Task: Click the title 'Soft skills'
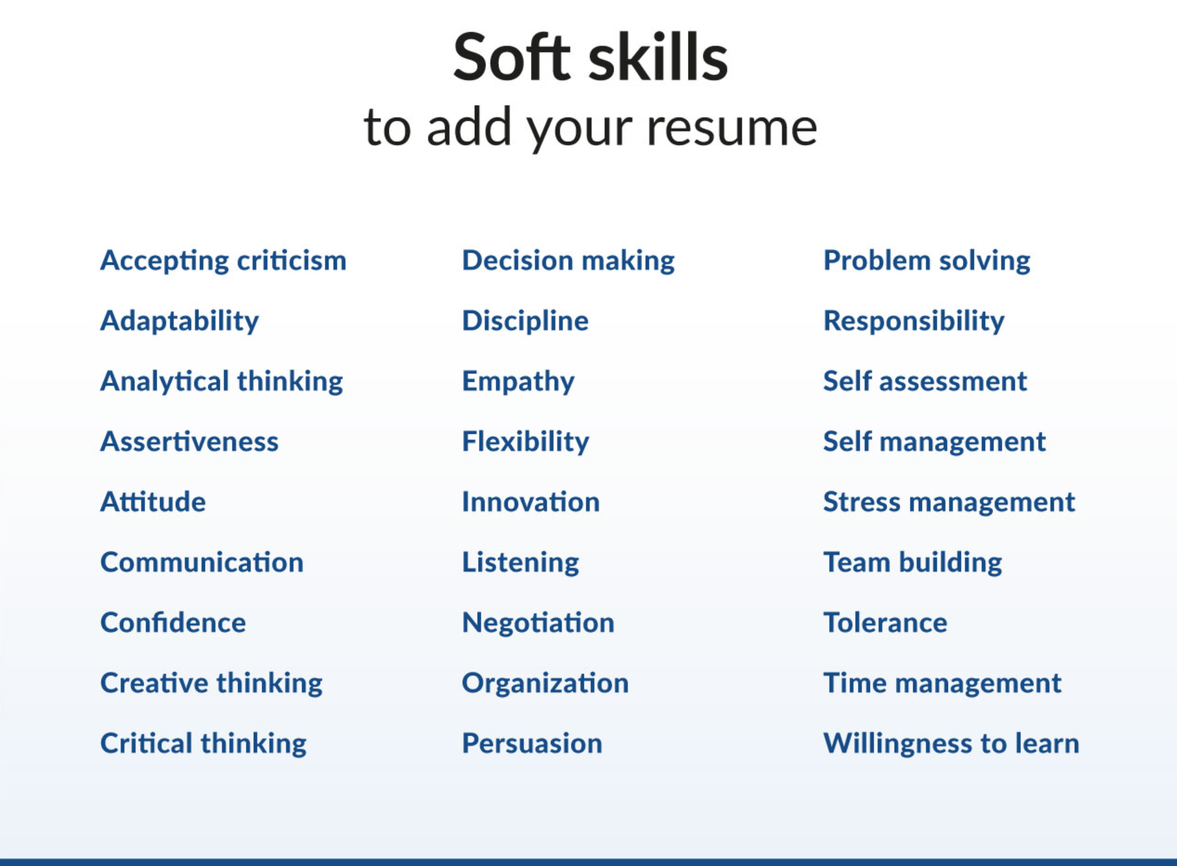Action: click(x=590, y=58)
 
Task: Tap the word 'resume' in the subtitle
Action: click(x=731, y=128)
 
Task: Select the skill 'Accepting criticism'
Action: click(x=223, y=261)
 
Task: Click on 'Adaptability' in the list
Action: click(x=180, y=321)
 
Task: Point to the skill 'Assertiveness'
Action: click(x=189, y=442)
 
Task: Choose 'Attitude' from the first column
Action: click(x=153, y=502)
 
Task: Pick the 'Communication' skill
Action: click(x=202, y=563)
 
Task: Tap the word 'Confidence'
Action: click(x=173, y=623)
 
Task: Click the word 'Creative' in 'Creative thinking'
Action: click(x=154, y=683)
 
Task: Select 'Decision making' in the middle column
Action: click(x=568, y=261)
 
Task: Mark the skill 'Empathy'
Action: click(x=518, y=381)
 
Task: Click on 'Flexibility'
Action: click(x=526, y=442)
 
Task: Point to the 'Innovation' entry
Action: click(x=531, y=502)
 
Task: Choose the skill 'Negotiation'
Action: click(x=538, y=623)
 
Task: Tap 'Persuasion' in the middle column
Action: click(x=532, y=743)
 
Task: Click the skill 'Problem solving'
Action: click(x=926, y=261)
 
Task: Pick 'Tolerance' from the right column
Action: click(x=885, y=623)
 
